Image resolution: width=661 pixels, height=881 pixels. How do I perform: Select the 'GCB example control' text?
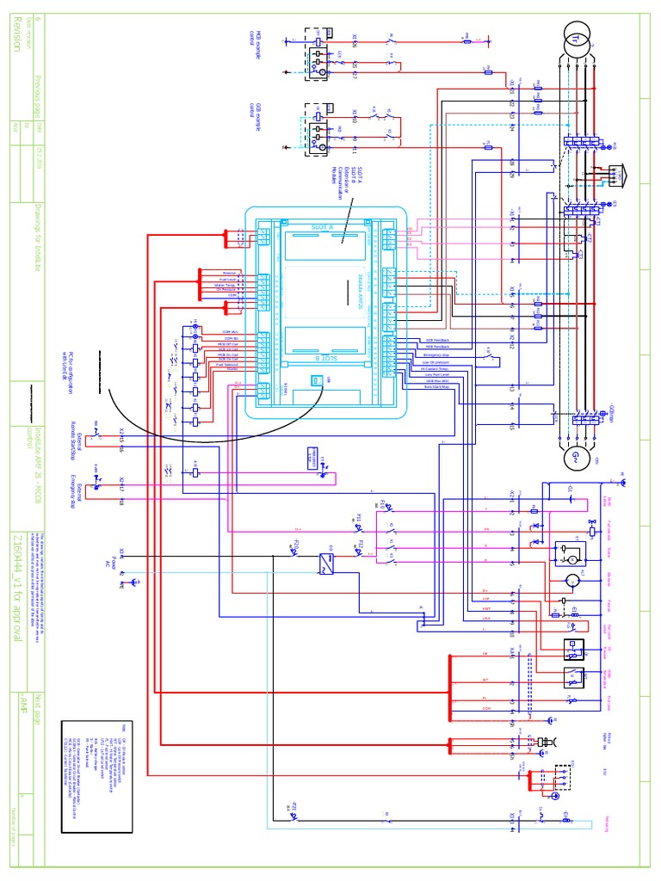coord(255,112)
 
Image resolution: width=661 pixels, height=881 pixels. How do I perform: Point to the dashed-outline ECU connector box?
coord(559,778)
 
